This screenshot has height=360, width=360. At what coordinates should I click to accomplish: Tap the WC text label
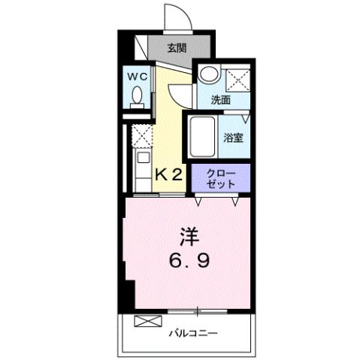137,76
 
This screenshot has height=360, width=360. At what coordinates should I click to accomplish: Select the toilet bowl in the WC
138,96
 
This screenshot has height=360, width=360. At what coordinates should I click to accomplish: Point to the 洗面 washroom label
219,98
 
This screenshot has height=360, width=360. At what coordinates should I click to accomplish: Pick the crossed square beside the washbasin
238,77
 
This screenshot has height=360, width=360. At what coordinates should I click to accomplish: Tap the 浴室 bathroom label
234,138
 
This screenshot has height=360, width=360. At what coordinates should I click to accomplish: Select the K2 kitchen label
169,175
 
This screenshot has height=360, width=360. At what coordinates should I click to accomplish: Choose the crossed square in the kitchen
141,136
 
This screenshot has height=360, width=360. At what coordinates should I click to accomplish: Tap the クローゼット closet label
219,179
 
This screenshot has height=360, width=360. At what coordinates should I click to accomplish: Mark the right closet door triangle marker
235,201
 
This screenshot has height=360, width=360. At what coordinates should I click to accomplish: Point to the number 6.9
188,262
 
